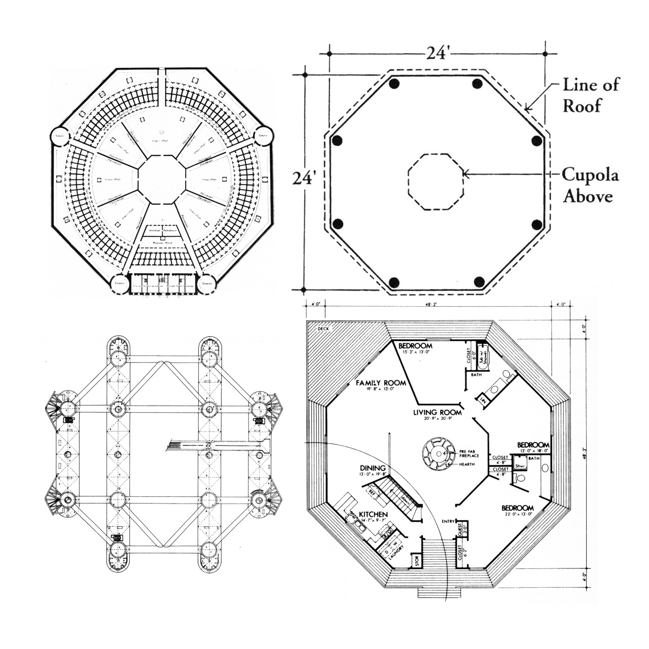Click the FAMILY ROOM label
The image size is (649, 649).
[x=380, y=382]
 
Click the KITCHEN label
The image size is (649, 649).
[x=373, y=515]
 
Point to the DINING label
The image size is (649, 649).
[x=373, y=468]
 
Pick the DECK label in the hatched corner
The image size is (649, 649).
[x=323, y=329]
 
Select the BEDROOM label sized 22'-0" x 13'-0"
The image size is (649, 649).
[x=518, y=508]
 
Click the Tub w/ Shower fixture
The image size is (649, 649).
[x=481, y=358]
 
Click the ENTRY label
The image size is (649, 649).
[x=448, y=521]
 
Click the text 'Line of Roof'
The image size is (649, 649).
[x=591, y=95]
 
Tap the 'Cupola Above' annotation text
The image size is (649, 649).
[x=590, y=186]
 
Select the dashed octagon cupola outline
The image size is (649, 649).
[x=436, y=182]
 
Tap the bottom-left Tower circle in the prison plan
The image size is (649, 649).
[x=120, y=283]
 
